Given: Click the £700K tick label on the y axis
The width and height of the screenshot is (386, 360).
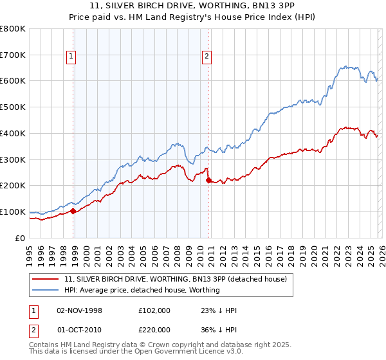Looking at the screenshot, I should click(x=13, y=55).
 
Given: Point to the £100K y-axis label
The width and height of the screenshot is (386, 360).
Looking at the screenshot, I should click(x=13, y=212).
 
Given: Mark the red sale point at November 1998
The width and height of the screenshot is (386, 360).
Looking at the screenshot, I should click(x=73, y=210).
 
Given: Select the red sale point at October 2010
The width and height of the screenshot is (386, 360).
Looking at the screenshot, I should click(x=208, y=181).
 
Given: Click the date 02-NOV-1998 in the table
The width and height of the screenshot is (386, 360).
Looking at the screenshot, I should click(x=79, y=310).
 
